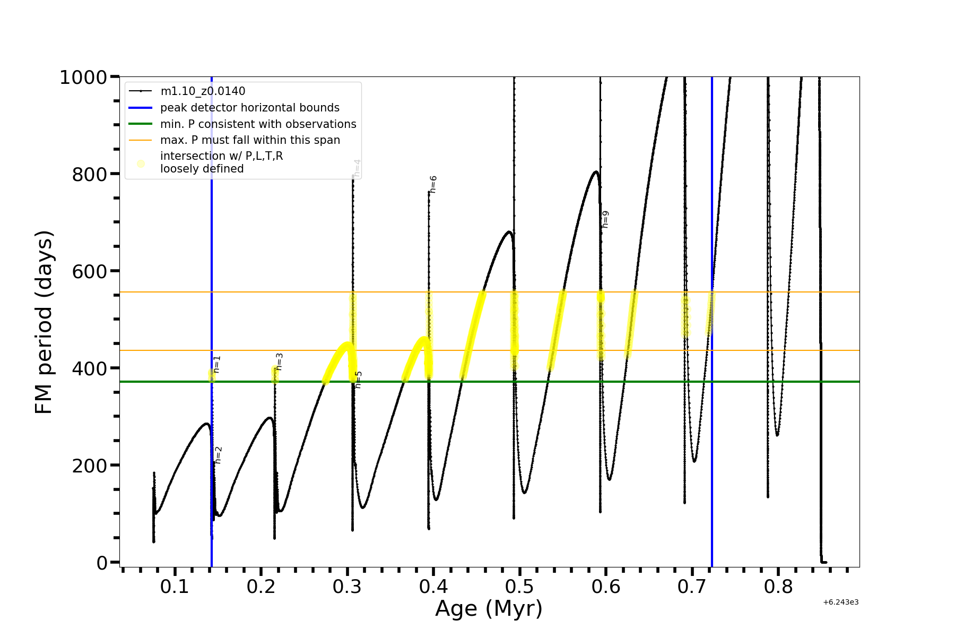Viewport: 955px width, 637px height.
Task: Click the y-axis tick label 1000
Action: tap(83, 78)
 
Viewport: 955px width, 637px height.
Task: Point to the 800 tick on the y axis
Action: tap(90, 174)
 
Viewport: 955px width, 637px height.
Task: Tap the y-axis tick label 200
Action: tap(90, 466)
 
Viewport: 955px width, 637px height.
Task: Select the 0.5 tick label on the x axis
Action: tap(520, 587)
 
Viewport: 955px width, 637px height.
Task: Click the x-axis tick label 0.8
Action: tap(778, 587)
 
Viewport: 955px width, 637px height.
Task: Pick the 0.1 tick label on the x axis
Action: tap(175, 587)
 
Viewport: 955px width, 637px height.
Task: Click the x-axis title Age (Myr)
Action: tap(489, 609)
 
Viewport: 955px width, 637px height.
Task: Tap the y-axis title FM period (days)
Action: tap(44, 322)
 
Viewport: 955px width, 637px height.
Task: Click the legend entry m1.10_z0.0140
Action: tap(203, 91)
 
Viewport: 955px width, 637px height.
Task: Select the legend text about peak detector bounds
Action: tap(250, 108)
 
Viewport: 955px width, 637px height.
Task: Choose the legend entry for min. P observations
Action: tap(258, 124)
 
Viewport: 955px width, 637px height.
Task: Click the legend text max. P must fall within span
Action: tap(250, 140)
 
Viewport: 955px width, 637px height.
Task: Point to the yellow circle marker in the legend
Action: tap(141, 163)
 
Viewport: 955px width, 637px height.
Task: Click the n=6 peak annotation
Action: tap(433, 184)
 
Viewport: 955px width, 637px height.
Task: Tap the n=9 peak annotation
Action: tap(605, 219)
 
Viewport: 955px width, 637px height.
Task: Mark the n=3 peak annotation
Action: tap(280, 361)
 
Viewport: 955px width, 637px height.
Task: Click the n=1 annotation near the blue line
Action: tap(216, 364)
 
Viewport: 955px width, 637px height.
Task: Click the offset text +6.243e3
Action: tap(840, 602)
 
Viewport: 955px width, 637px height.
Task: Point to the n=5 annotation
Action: tap(359, 380)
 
